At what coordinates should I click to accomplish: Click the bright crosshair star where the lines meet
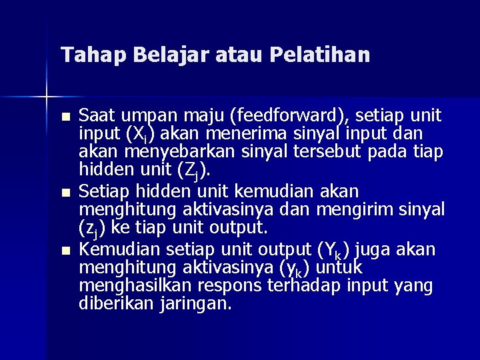[47, 97]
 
